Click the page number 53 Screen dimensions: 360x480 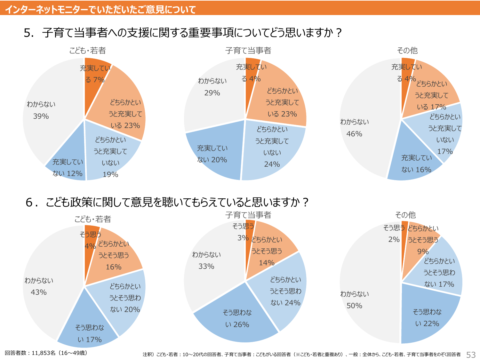tap(471, 355)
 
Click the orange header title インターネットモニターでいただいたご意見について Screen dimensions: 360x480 tap(100, 9)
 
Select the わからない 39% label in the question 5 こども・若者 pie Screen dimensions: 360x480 tap(41, 110)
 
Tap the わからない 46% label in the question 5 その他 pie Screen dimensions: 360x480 tap(354, 128)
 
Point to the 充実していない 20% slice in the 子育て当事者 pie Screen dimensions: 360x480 tap(212, 154)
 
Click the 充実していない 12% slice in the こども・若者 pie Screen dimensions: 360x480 tap(68, 168)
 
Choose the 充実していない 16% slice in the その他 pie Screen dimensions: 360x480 tap(416, 164)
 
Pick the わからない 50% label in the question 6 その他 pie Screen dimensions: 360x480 tap(354, 300)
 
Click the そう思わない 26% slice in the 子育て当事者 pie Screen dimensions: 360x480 tap(237, 318)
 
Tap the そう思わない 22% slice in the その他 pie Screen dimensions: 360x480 tap(427, 317)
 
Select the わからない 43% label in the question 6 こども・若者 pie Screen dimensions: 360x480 tap(39, 286)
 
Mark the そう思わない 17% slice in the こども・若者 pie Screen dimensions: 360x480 tap(89, 333)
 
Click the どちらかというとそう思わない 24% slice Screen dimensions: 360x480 tap(285, 291)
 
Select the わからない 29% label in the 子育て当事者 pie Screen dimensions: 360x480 tap(212, 87)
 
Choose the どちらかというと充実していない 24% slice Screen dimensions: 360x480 tap(272, 147)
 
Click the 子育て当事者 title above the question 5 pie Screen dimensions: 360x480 tap(248, 51)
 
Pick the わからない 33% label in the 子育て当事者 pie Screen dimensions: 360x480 tap(206, 260)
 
